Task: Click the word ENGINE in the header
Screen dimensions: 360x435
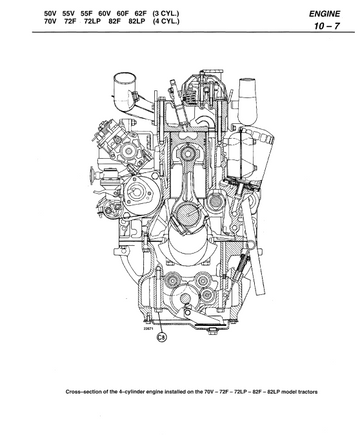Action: pos(324,14)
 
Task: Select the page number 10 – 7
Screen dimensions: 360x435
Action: pos(327,26)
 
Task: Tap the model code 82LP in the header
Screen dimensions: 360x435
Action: pos(137,21)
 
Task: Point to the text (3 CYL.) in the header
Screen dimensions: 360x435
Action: pos(166,14)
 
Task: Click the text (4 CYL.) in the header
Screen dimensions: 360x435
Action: pos(166,21)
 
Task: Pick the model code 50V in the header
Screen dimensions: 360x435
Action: pos(50,14)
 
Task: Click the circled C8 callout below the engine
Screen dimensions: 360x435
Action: pos(162,337)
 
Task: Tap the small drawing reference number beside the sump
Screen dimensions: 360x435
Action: pos(148,328)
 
